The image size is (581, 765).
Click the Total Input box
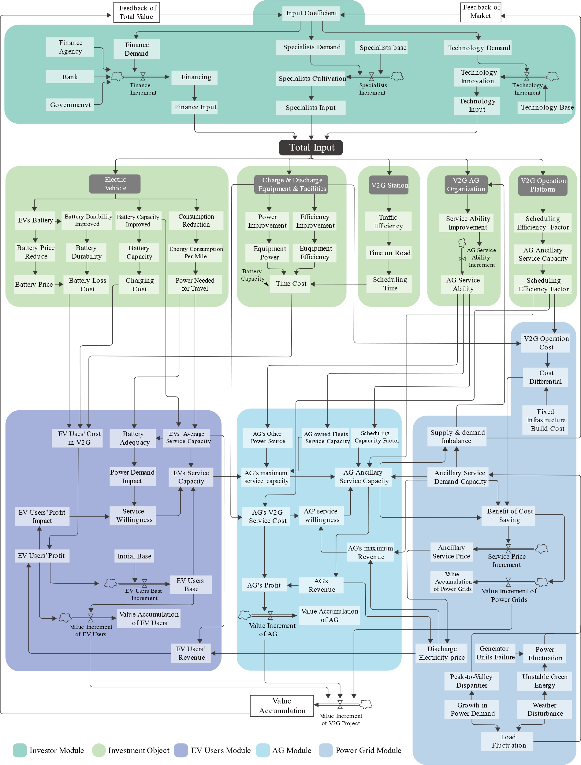[x=311, y=148]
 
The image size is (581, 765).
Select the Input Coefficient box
[x=311, y=13]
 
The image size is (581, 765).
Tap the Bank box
[x=69, y=77]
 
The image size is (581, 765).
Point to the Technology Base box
[x=546, y=107]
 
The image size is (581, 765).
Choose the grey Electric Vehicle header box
[x=115, y=184]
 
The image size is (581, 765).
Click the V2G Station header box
[x=389, y=185]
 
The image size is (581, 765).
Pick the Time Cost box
[x=291, y=284]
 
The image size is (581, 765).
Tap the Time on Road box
[x=389, y=253]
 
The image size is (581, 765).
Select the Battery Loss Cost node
[x=87, y=285]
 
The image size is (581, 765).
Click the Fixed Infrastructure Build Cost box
[x=546, y=420]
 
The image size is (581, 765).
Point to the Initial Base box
[x=134, y=556]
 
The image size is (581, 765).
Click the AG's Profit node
[x=264, y=585]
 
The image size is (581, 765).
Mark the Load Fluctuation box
[x=507, y=741]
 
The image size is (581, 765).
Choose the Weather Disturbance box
[x=544, y=709]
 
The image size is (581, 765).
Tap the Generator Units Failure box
[x=495, y=653]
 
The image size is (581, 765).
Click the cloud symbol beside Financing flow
[x=117, y=76]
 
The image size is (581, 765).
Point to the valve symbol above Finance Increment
[x=143, y=77]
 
